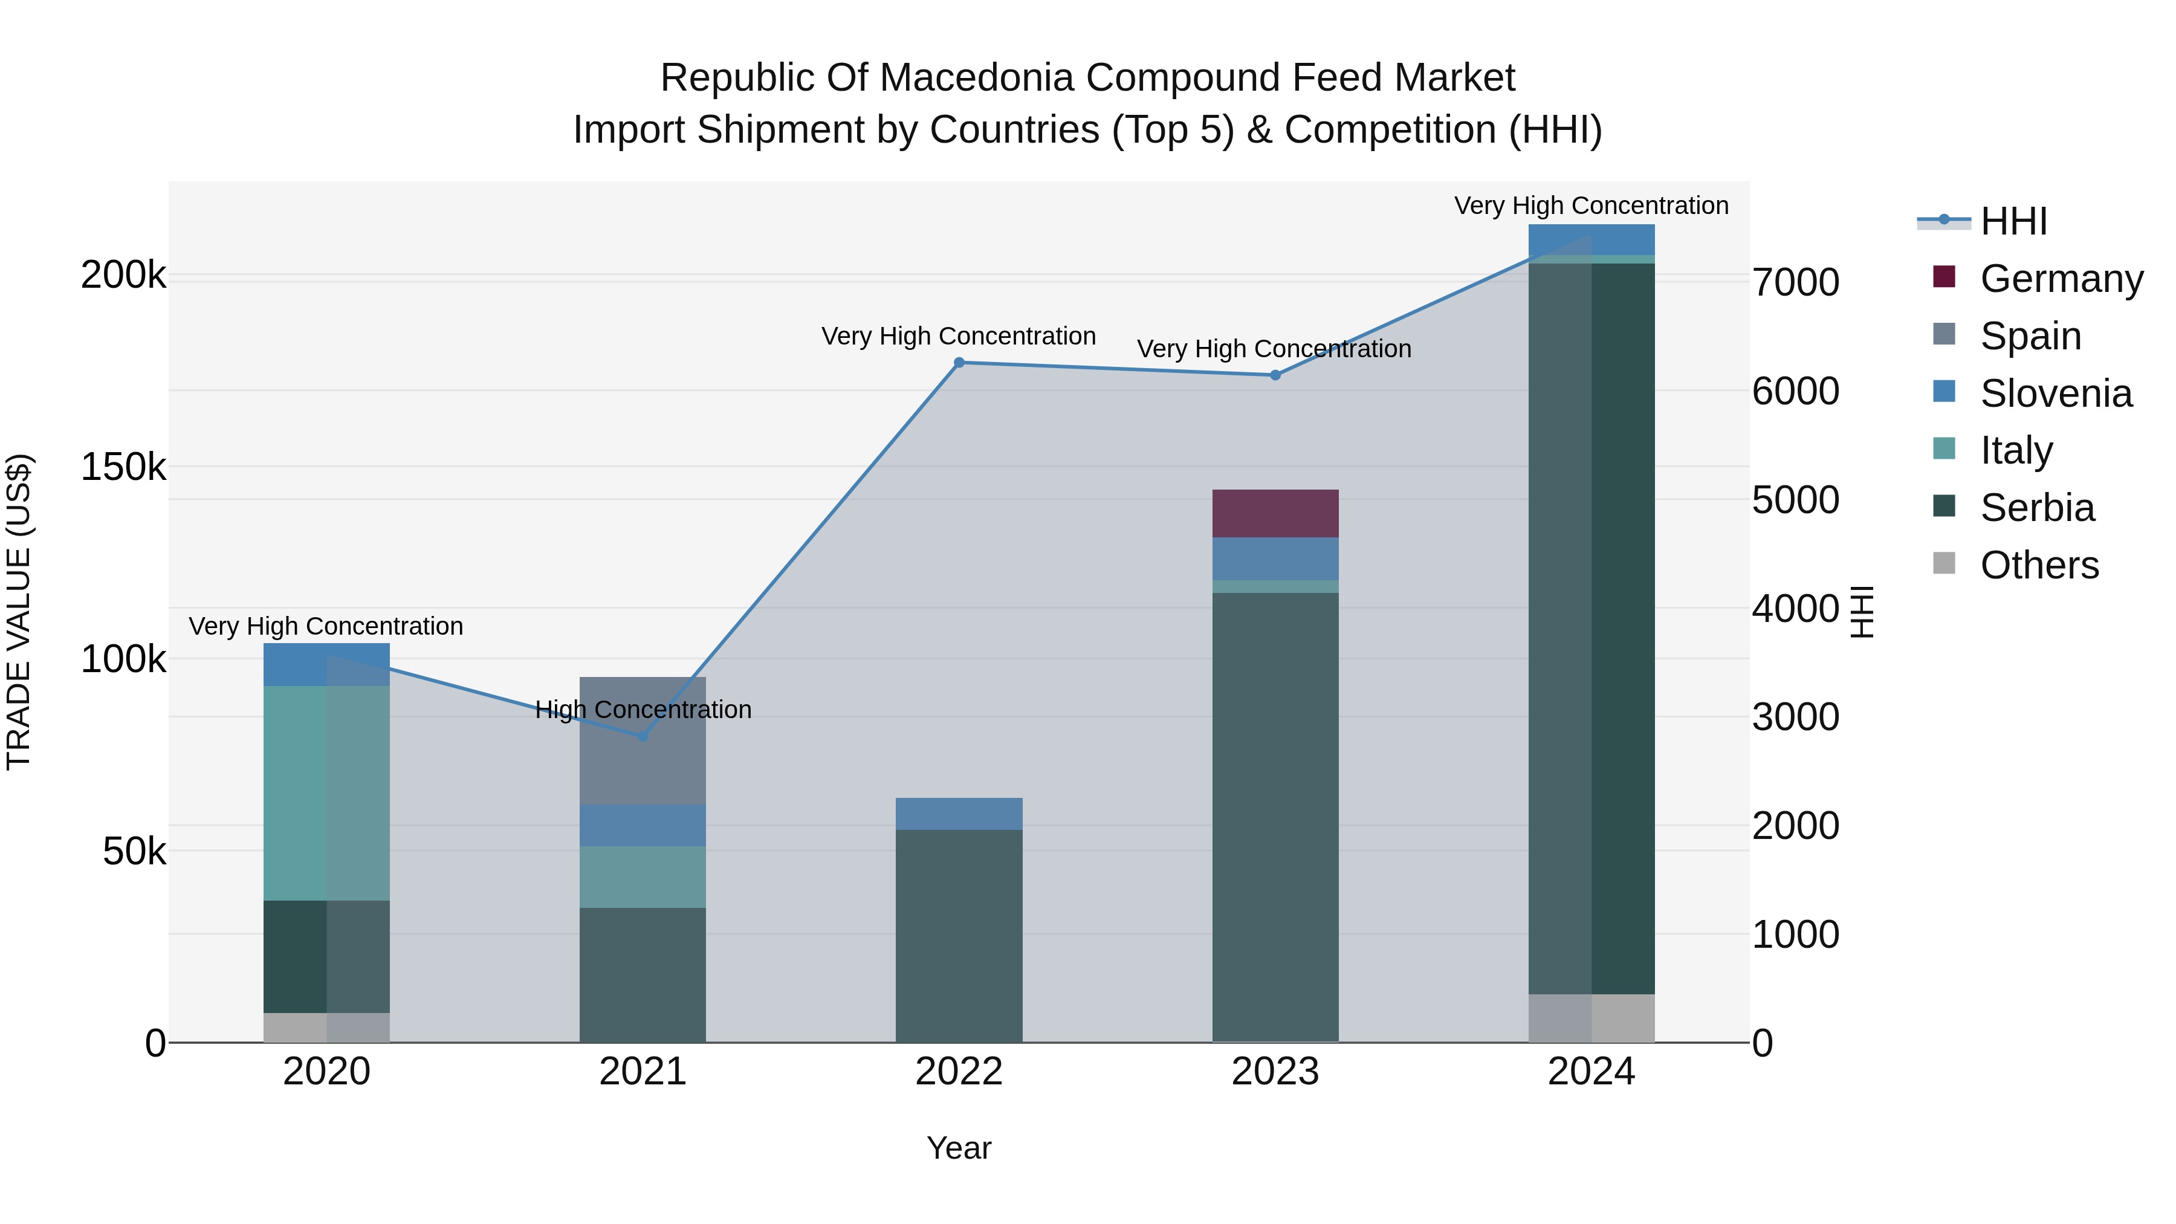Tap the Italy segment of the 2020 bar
point(326,792)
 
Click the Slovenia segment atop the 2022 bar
point(959,814)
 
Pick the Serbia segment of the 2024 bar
point(1592,629)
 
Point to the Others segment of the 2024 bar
point(1592,1018)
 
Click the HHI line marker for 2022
point(959,363)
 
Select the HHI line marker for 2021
point(642,737)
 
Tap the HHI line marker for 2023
point(1275,375)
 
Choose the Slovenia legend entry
point(2055,393)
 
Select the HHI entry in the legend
point(2013,221)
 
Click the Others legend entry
point(2038,565)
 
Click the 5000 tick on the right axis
point(1795,500)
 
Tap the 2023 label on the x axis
point(1275,1072)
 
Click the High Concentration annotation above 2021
point(643,710)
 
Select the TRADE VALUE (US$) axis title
point(19,612)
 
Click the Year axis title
point(959,1148)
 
